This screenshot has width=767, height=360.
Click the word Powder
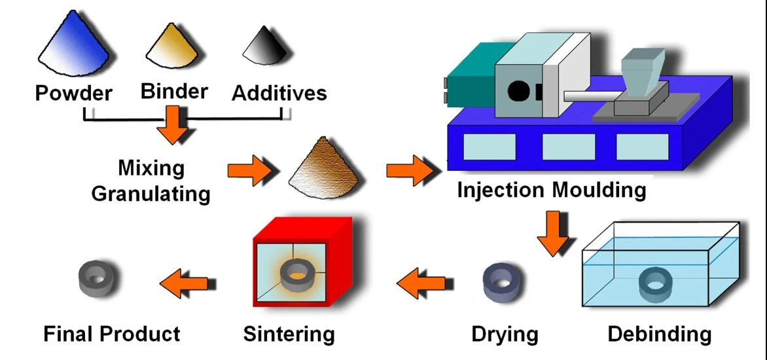pos(73,92)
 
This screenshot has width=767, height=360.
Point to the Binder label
pos(174,90)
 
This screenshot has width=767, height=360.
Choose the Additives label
pos(279,92)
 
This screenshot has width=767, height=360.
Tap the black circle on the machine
pos(518,90)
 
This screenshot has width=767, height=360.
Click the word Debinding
pos(659,334)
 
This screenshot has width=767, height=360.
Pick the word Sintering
pos(289,334)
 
